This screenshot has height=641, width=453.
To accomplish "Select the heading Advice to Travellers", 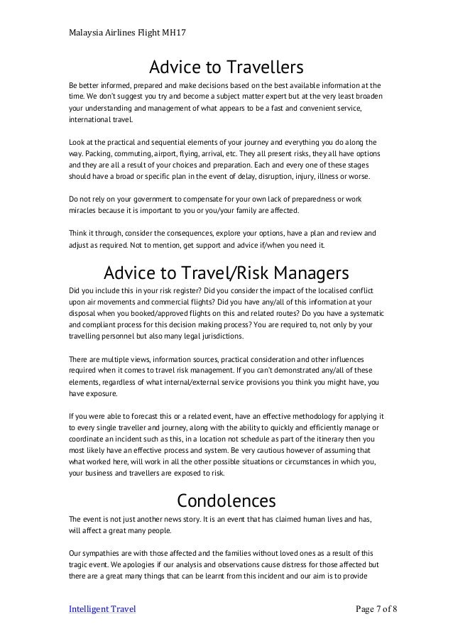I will coord(226,68).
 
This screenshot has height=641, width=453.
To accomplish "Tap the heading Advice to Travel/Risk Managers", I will coord(226,273).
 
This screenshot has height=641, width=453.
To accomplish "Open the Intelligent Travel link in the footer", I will coord(102,609).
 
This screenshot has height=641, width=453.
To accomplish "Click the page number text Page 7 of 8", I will coord(376,609).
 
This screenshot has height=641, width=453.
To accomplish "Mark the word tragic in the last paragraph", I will coord(80,564).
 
